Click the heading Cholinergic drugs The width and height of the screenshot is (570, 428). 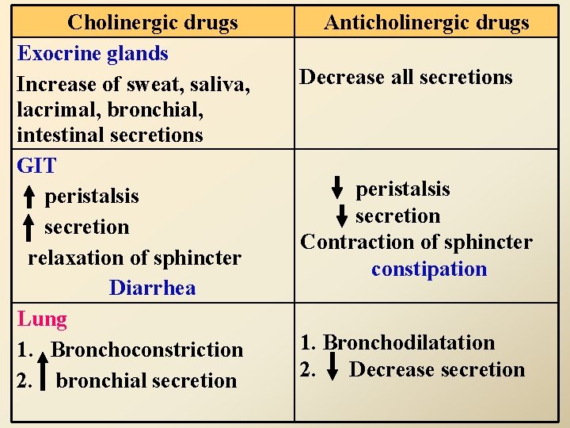153,22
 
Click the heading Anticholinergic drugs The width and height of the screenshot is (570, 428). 426,22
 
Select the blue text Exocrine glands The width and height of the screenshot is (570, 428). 93,54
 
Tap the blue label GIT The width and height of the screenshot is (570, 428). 36,166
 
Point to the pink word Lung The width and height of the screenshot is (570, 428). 42,319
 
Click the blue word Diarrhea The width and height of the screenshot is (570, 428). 152,288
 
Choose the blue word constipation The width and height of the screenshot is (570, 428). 429,269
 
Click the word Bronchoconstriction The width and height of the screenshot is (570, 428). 146,350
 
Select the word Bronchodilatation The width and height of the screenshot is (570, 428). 408,343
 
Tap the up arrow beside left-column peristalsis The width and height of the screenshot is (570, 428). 28,196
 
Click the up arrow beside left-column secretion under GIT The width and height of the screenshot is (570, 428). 28,227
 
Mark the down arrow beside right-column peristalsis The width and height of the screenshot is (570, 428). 337,188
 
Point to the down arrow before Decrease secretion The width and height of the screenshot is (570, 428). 333,370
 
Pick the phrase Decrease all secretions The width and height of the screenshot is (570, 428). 405,78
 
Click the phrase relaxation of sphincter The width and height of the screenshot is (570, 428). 135,258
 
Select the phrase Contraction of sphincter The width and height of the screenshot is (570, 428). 416,243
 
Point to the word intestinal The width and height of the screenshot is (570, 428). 55,136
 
